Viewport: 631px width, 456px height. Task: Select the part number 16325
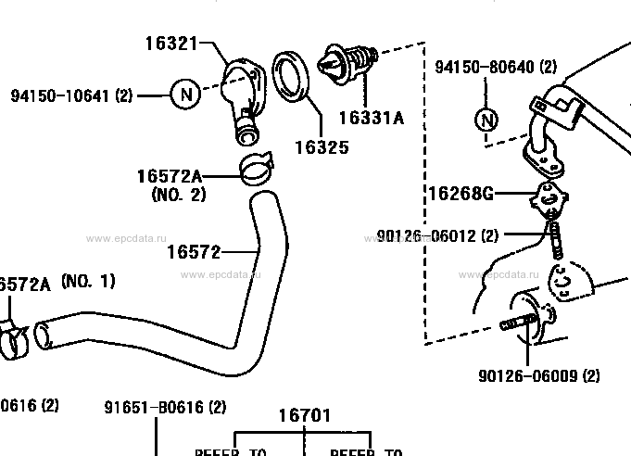pyautogui.click(x=320, y=146)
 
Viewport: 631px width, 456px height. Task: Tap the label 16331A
pyautogui.click(x=371, y=118)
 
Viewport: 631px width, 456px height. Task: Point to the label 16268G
pyautogui.click(x=459, y=194)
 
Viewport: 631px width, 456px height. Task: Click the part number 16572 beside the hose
pyautogui.click(x=194, y=251)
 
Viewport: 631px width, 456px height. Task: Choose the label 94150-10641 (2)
pyautogui.click(x=72, y=95)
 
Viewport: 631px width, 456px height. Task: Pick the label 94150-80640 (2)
pyautogui.click(x=497, y=67)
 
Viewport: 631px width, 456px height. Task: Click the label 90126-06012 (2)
pyautogui.click(x=436, y=236)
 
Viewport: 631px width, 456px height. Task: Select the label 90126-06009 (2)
pyautogui.click(x=539, y=376)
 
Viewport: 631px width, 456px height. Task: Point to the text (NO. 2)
pyautogui.click(x=178, y=195)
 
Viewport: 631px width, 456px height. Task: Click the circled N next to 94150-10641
pyautogui.click(x=185, y=94)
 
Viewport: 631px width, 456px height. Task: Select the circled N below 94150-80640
pyautogui.click(x=486, y=120)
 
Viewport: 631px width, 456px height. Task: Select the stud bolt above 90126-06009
pyautogui.click(x=522, y=323)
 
